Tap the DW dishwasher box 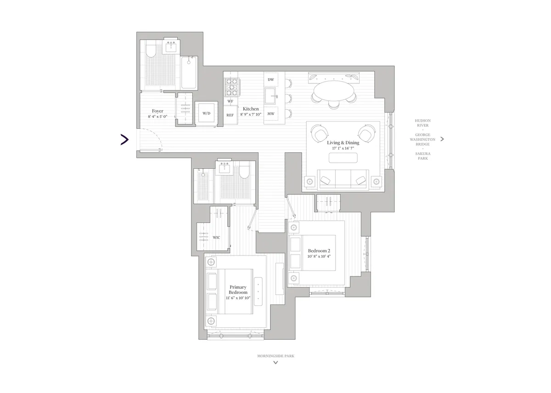271,80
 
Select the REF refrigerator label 230,115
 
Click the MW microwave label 271,114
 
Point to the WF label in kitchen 230,101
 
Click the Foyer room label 157,111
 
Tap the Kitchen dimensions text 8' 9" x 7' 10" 250,115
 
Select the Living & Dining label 343,143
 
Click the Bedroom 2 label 319,250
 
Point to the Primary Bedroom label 238,290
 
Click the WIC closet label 216,238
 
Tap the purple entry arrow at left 124,139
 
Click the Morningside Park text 275,355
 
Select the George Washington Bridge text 422,139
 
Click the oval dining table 334,90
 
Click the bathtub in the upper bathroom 189,73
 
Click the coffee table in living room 343,158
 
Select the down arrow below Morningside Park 275,363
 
